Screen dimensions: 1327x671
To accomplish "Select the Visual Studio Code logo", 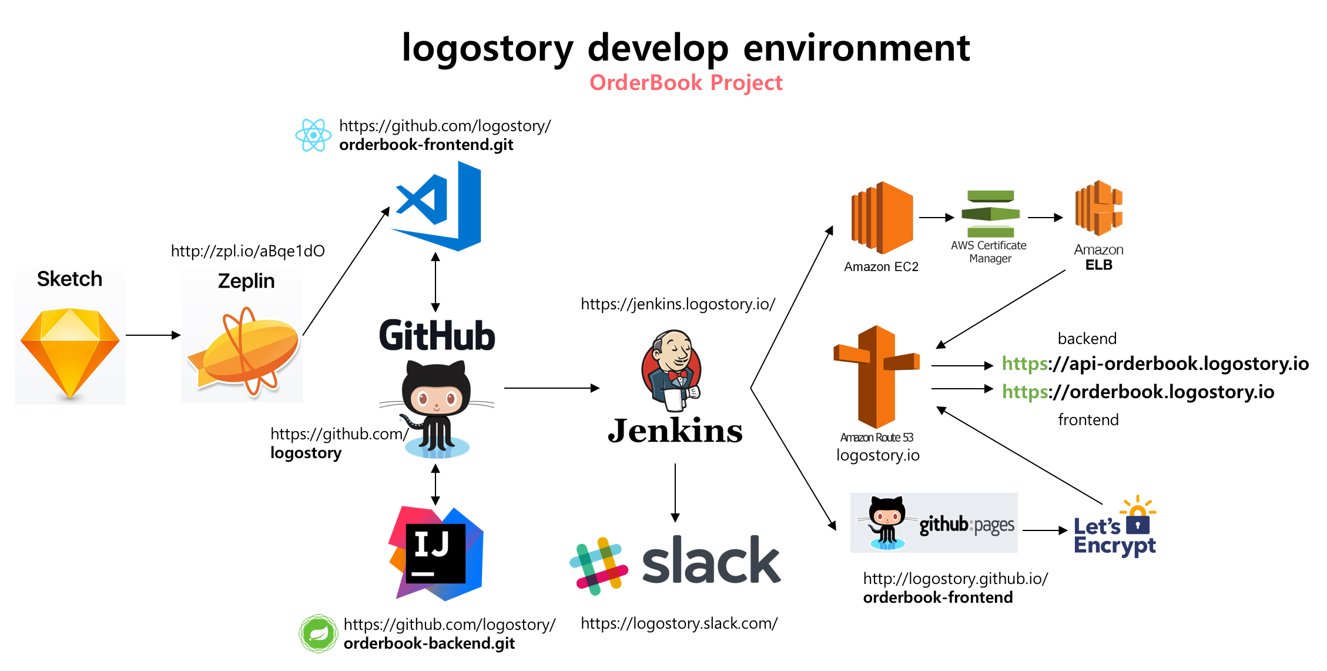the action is pyautogui.click(x=436, y=206).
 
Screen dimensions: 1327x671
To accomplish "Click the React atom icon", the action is pyautogui.click(x=313, y=135).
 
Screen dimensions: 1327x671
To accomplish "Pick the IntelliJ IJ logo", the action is pyautogui.click(x=436, y=553).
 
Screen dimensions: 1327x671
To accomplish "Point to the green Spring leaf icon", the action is pyautogui.click(x=318, y=634).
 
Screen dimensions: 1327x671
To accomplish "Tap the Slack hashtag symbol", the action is pyautogui.click(x=599, y=566).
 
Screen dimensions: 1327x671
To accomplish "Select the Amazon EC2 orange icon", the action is pyautogui.click(x=882, y=218).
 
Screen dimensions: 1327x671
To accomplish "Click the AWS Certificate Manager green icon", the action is pyautogui.click(x=991, y=214).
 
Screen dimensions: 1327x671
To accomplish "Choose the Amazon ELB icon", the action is pyautogui.click(x=1098, y=209).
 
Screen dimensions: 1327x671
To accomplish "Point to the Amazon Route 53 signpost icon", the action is pyautogui.click(x=877, y=377).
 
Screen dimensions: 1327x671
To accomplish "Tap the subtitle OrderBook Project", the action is pyautogui.click(x=686, y=83).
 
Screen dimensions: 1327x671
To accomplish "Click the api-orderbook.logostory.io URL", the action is pyautogui.click(x=1155, y=363).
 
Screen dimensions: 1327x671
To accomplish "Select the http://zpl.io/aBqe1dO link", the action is pyautogui.click(x=248, y=251).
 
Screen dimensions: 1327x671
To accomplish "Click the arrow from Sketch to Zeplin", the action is pyautogui.click(x=153, y=335).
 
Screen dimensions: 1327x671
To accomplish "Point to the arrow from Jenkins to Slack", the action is pyautogui.click(x=675, y=493).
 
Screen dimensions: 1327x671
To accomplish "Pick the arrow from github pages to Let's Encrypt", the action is pyautogui.click(x=1045, y=530).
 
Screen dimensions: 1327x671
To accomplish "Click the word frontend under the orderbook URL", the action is pyautogui.click(x=1088, y=420).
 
